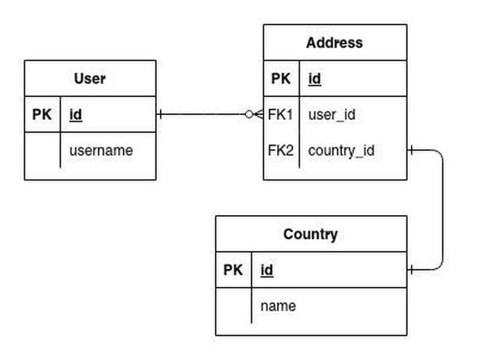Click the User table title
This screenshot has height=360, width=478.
click(90, 78)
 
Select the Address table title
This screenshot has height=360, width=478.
click(334, 43)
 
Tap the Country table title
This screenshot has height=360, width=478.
click(310, 235)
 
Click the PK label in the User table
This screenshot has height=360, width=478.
click(42, 115)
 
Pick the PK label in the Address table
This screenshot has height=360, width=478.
click(281, 78)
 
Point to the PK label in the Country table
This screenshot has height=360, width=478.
click(233, 270)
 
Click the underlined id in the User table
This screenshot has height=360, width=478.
click(75, 115)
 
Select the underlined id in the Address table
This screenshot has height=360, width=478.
click(314, 78)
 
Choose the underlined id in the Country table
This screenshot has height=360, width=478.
click(267, 270)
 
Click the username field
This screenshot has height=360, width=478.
click(101, 150)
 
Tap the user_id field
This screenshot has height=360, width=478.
click(331, 115)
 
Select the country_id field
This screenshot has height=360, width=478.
click(341, 150)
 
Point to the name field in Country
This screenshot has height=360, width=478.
click(278, 306)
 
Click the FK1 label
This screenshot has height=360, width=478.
click(281, 115)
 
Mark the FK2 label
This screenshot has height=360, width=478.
click(281, 150)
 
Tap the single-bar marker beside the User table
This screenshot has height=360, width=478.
click(161, 114)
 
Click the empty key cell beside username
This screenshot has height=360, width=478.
click(42, 150)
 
